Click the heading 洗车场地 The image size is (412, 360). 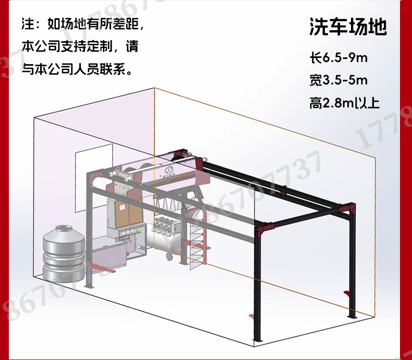click(x=348, y=27)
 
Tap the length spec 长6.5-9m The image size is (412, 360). click(x=338, y=57)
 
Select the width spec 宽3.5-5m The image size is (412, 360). click(x=338, y=80)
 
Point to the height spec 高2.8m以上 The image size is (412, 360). click(x=345, y=103)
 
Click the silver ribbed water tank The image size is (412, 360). click(x=64, y=253)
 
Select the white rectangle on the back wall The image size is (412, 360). click(x=94, y=178)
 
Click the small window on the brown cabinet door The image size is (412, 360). click(x=122, y=207)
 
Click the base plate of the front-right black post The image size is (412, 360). click(x=258, y=341)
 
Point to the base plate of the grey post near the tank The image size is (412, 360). click(x=89, y=286)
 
